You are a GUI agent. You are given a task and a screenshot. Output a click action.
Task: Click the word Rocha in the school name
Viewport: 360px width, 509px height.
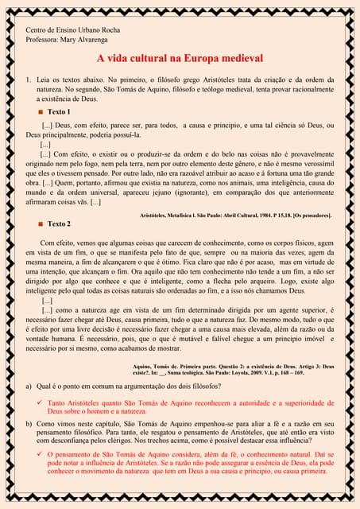(106, 29)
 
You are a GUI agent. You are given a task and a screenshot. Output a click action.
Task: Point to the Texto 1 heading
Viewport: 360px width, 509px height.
(59, 112)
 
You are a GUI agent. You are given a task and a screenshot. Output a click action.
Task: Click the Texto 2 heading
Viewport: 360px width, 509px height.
(59, 224)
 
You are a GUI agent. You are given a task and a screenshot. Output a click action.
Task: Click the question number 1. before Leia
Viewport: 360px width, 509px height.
(29, 80)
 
